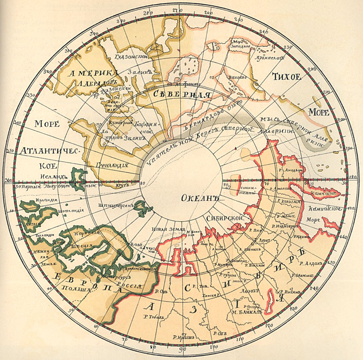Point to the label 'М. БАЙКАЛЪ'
point(248,312)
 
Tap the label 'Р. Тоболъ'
point(152,316)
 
